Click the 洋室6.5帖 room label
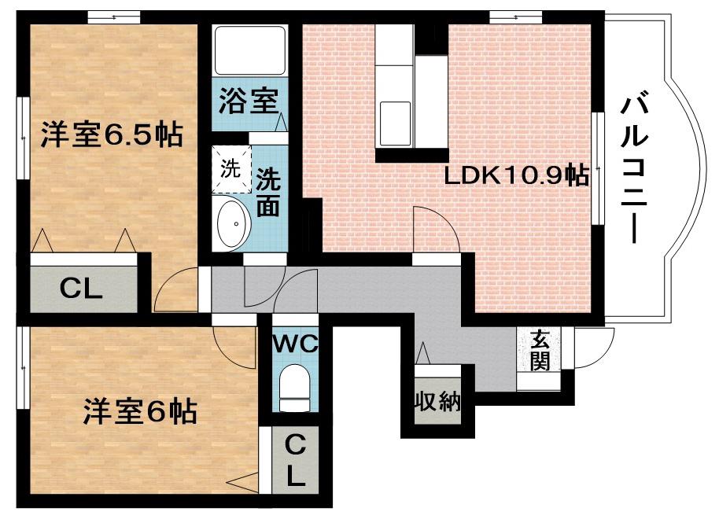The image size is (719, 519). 111,135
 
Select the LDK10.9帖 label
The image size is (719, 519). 517,175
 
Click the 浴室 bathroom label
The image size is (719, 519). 248,103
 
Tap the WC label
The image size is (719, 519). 294,343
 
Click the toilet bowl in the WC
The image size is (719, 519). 295,386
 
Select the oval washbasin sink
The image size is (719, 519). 232,223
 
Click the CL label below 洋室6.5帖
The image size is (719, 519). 82,289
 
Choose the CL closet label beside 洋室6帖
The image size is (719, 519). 294,462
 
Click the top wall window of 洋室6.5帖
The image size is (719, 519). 114,15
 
